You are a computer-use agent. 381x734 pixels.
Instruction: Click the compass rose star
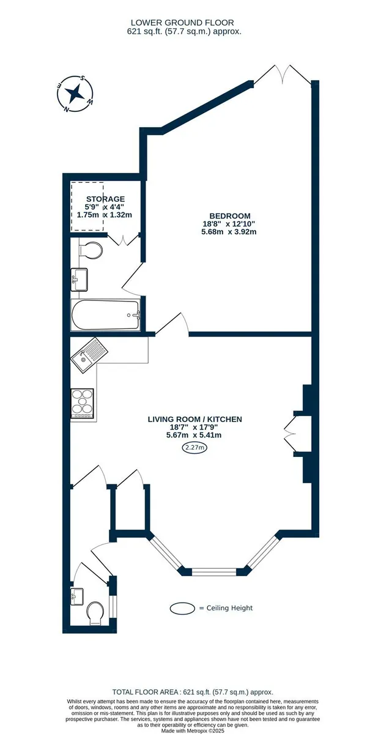[x=76, y=94]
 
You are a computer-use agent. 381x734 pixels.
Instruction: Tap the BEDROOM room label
[x=230, y=216]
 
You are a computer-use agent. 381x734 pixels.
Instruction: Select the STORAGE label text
[x=105, y=199]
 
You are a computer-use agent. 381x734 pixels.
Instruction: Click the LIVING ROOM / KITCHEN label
[x=195, y=419]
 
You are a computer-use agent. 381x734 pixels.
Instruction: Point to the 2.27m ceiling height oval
[x=195, y=447]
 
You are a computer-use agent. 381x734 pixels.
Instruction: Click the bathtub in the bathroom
[x=105, y=315]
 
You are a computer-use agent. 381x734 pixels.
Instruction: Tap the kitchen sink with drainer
[x=89, y=355]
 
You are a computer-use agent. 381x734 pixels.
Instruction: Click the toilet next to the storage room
[x=91, y=250]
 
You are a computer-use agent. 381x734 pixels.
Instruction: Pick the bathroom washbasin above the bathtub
[x=80, y=280]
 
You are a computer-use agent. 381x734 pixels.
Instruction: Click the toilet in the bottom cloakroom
[x=95, y=613]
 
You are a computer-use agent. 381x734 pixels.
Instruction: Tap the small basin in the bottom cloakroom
[x=77, y=597]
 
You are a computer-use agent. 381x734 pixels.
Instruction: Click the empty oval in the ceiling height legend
[x=182, y=608]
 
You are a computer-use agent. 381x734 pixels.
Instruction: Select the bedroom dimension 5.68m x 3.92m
[x=229, y=232]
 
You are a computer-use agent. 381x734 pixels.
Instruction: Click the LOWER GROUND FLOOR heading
[x=182, y=23]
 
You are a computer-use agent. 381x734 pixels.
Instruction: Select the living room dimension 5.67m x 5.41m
[x=194, y=435]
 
